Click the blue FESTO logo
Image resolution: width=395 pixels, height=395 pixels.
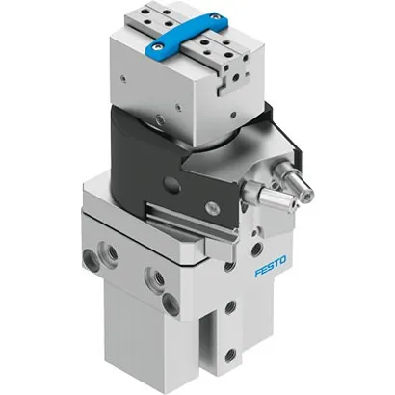[275, 273]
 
